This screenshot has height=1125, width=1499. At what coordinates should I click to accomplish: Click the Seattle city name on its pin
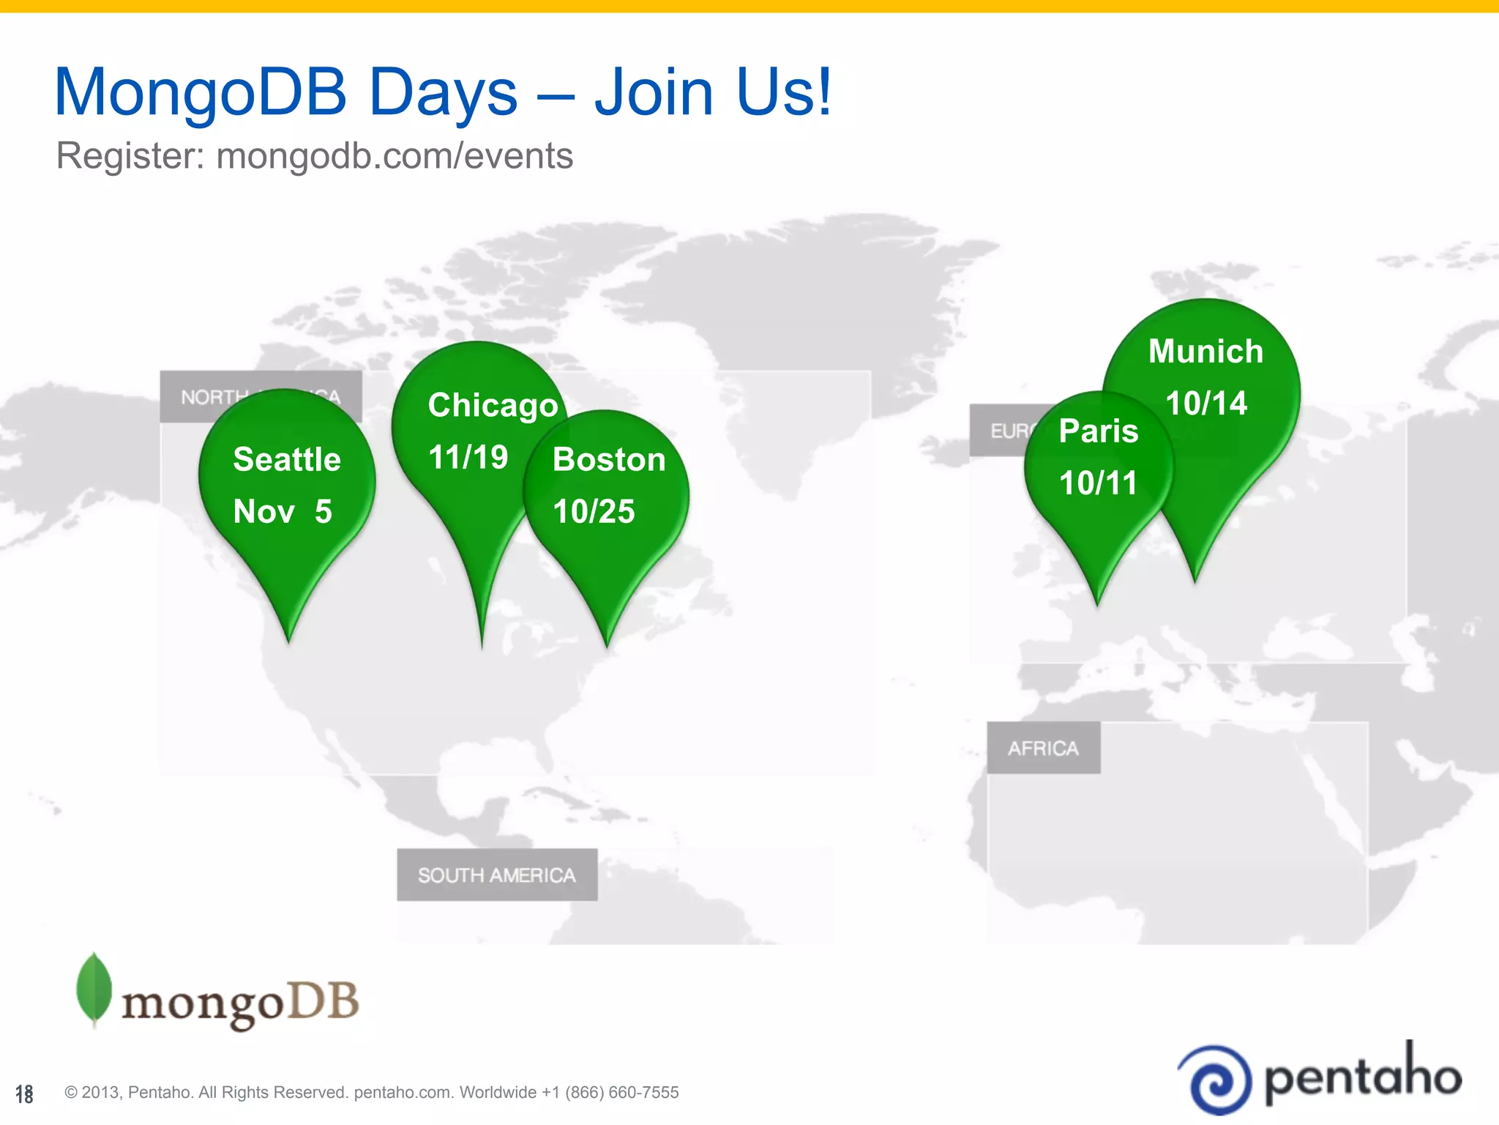287,460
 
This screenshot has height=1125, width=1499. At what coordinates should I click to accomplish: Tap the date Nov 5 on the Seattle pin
283,511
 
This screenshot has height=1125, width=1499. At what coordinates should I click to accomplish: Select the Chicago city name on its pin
493,406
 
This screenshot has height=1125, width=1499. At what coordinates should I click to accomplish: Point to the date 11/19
468,458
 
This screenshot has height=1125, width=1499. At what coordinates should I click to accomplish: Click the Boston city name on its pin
609,460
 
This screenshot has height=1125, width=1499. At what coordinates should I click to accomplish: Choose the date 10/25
594,511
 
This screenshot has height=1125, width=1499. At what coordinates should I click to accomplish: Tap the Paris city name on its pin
1098,431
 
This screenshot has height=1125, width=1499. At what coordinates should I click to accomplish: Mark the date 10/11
1098,483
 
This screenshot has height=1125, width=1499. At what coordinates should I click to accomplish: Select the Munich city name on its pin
1205,352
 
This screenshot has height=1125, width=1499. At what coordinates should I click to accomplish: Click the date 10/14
1205,404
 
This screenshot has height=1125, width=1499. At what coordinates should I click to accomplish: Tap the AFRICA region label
1043,749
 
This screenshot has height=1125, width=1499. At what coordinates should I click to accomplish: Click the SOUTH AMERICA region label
497,875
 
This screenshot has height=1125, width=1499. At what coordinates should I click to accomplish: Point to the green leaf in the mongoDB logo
94,989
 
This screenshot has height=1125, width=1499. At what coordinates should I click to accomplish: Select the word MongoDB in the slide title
201,92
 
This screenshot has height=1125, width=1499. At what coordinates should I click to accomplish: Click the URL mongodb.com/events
395,156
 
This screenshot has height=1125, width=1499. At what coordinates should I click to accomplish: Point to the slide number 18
24,1094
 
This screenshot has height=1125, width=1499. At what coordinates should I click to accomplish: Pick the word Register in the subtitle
130,156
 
